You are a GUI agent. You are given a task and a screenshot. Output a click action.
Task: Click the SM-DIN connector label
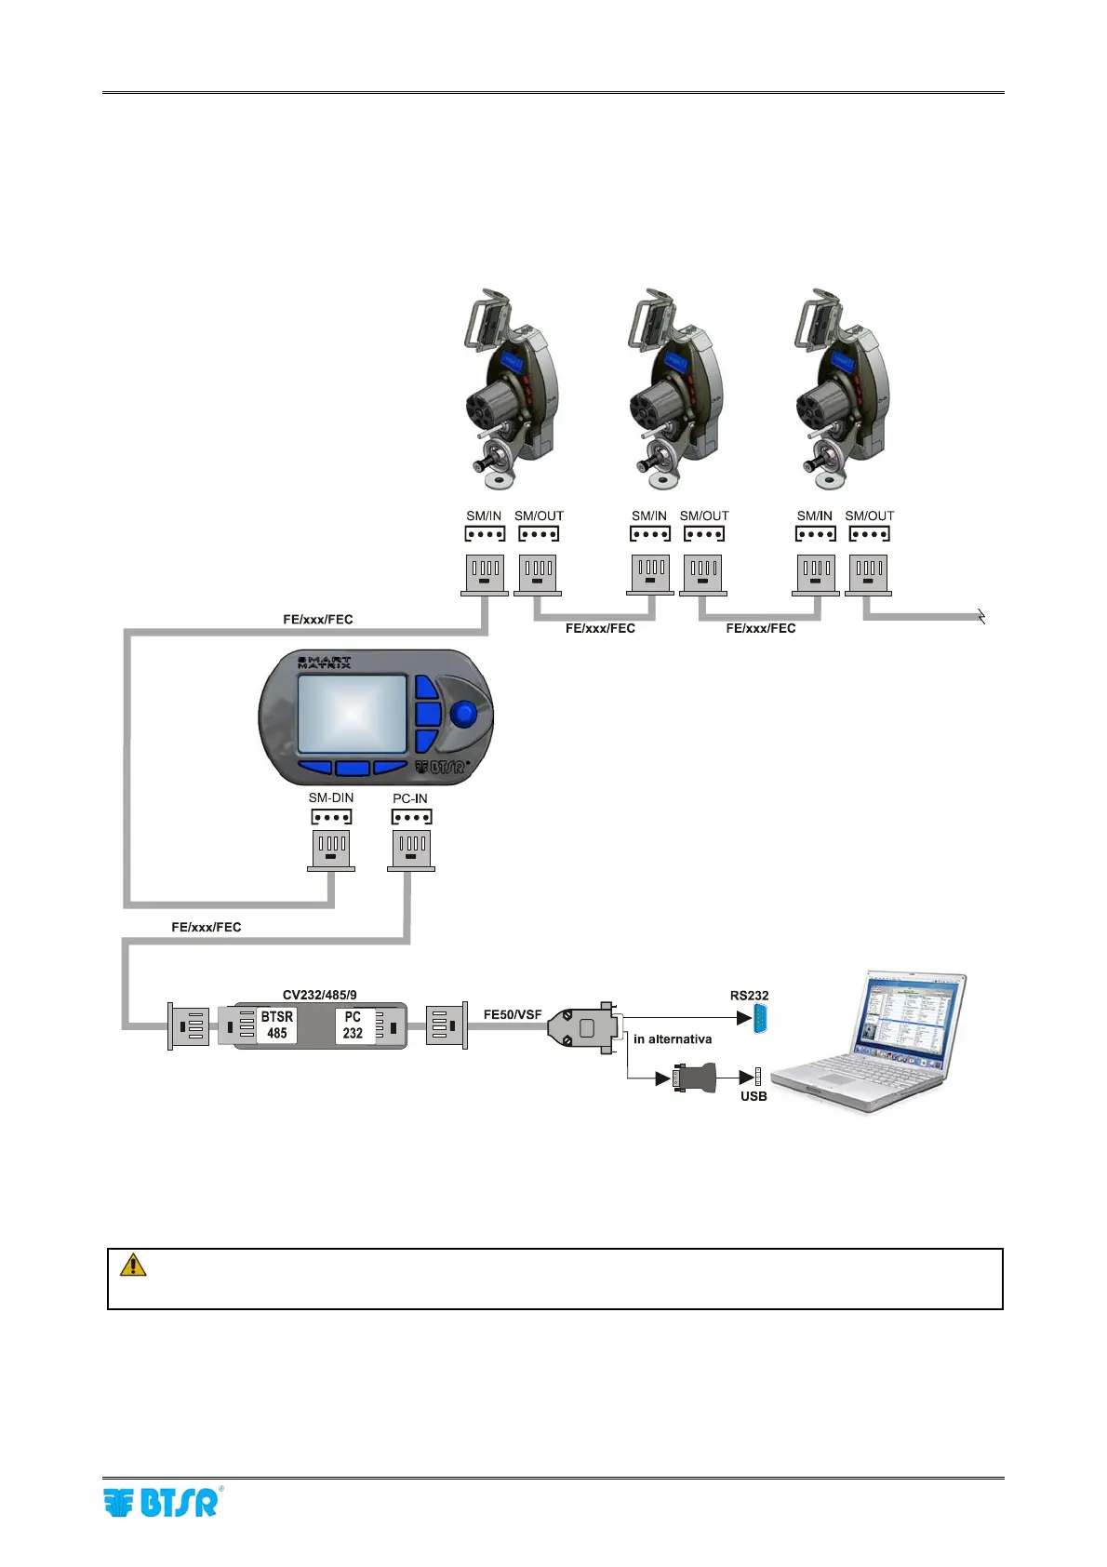[x=331, y=797]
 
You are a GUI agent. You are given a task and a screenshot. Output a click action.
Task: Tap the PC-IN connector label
[x=410, y=798]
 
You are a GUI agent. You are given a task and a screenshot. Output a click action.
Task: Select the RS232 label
[x=749, y=996]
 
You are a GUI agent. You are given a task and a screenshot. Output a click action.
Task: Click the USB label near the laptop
[x=754, y=1096]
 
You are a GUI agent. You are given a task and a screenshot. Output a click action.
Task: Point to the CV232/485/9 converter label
[x=319, y=995]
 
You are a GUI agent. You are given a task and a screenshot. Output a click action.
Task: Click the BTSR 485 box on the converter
[x=276, y=1025]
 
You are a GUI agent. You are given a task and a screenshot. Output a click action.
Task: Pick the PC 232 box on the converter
[x=353, y=1025]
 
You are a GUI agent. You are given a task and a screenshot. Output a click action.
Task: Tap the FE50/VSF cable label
[x=513, y=1014]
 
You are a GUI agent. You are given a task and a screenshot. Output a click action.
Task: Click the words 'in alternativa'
[x=673, y=1039]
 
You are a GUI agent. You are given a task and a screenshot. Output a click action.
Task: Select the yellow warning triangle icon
[x=133, y=1265]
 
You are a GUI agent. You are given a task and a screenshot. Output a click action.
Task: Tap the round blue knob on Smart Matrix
[x=463, y=715]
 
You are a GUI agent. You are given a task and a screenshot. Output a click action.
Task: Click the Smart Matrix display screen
[x=352, y=714]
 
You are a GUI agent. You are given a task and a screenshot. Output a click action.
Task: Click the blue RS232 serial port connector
[x=761, y=1018]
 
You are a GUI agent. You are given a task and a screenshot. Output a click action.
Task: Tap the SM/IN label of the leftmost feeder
[x=484, y=516]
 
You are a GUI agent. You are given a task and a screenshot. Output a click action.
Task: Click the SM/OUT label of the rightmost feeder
[x=869, y=516]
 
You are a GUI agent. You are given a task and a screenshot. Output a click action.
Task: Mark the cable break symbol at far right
[x=980, y=616]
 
